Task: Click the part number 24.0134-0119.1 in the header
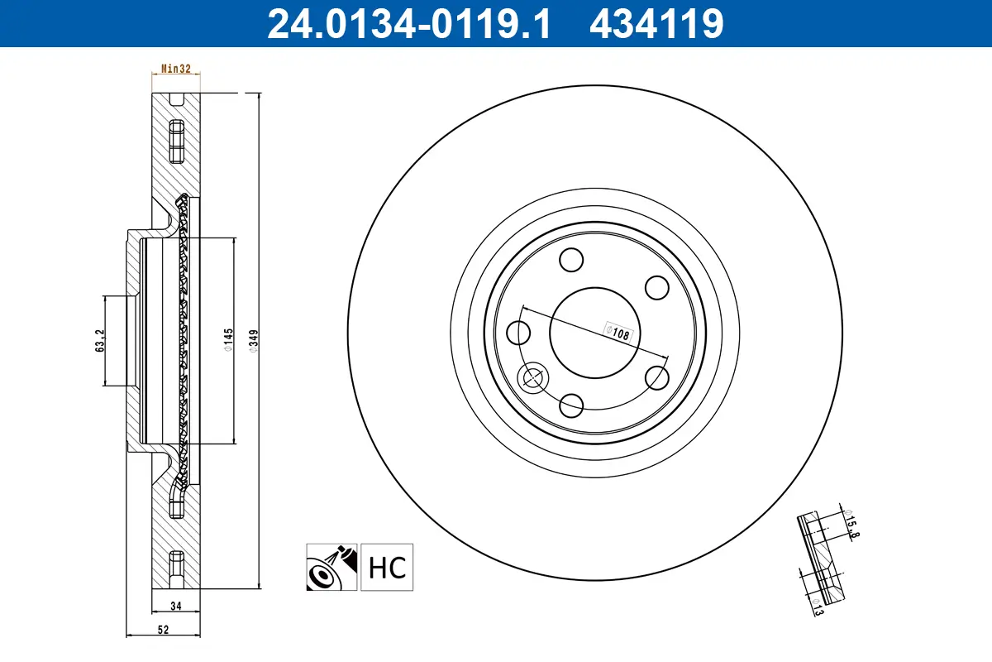408,24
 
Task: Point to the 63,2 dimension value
100,340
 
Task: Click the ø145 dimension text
229,341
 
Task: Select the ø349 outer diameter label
254,341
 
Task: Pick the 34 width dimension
175,605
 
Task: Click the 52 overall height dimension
163,630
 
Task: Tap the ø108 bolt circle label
618,333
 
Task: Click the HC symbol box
386,568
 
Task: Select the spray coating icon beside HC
331,568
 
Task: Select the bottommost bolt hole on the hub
571,405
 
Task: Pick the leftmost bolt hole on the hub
518,333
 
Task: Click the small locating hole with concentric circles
532,378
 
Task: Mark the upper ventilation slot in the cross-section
175,142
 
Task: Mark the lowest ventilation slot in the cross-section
175,567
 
